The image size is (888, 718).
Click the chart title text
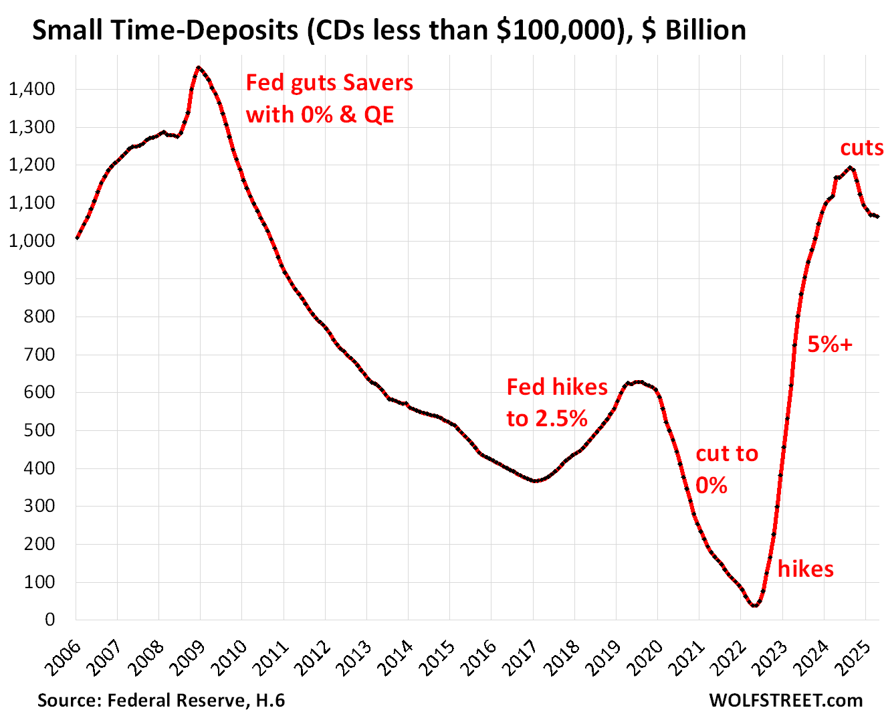click(x=389, y=30)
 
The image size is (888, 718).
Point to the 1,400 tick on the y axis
click(x=31, y=89)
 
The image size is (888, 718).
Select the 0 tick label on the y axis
click(x=50, y=620)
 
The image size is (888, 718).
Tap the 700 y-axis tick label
click(x=41, y=355)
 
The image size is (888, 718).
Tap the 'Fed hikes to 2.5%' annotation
click(x=556, y=402)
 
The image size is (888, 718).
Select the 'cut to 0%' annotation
click(x=727, y=469)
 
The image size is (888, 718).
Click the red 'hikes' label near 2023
click(x=806, y=569)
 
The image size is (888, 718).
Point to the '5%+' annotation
click(x=830, y=344)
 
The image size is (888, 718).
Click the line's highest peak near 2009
click(x=199, y=67)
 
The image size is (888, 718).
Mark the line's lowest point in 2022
click(x=755, y=605)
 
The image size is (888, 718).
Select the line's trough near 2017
click(x=535, y=481)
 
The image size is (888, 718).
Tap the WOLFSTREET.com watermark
click(x=786, y=701)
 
